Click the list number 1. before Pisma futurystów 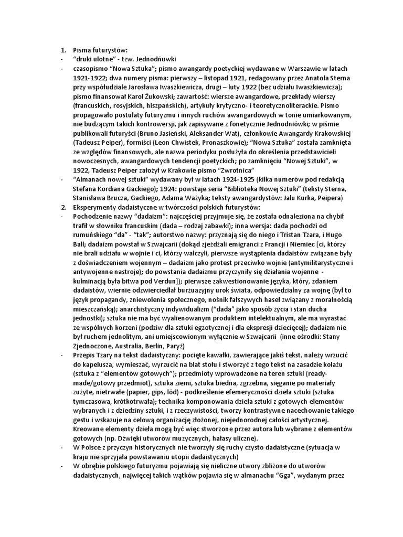click(62, 50)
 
